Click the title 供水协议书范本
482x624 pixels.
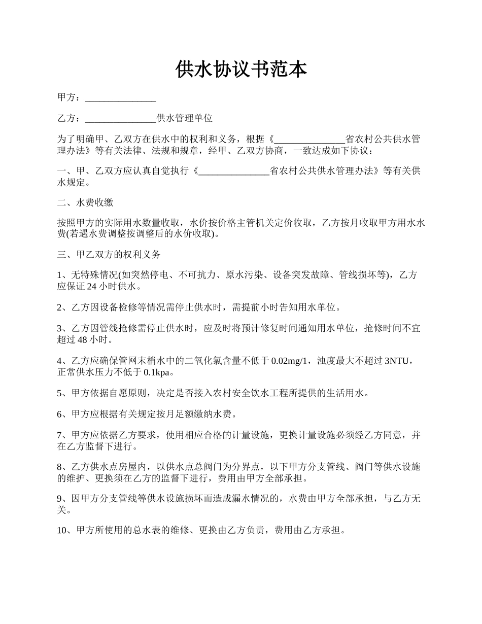pos(241,70)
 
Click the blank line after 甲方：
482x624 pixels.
pos(120,97)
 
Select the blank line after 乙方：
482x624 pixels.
pos(120,119)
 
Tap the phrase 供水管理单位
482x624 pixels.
pos(184,119)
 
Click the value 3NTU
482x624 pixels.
pos(399,361)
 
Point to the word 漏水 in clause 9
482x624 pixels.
pos(239,499)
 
